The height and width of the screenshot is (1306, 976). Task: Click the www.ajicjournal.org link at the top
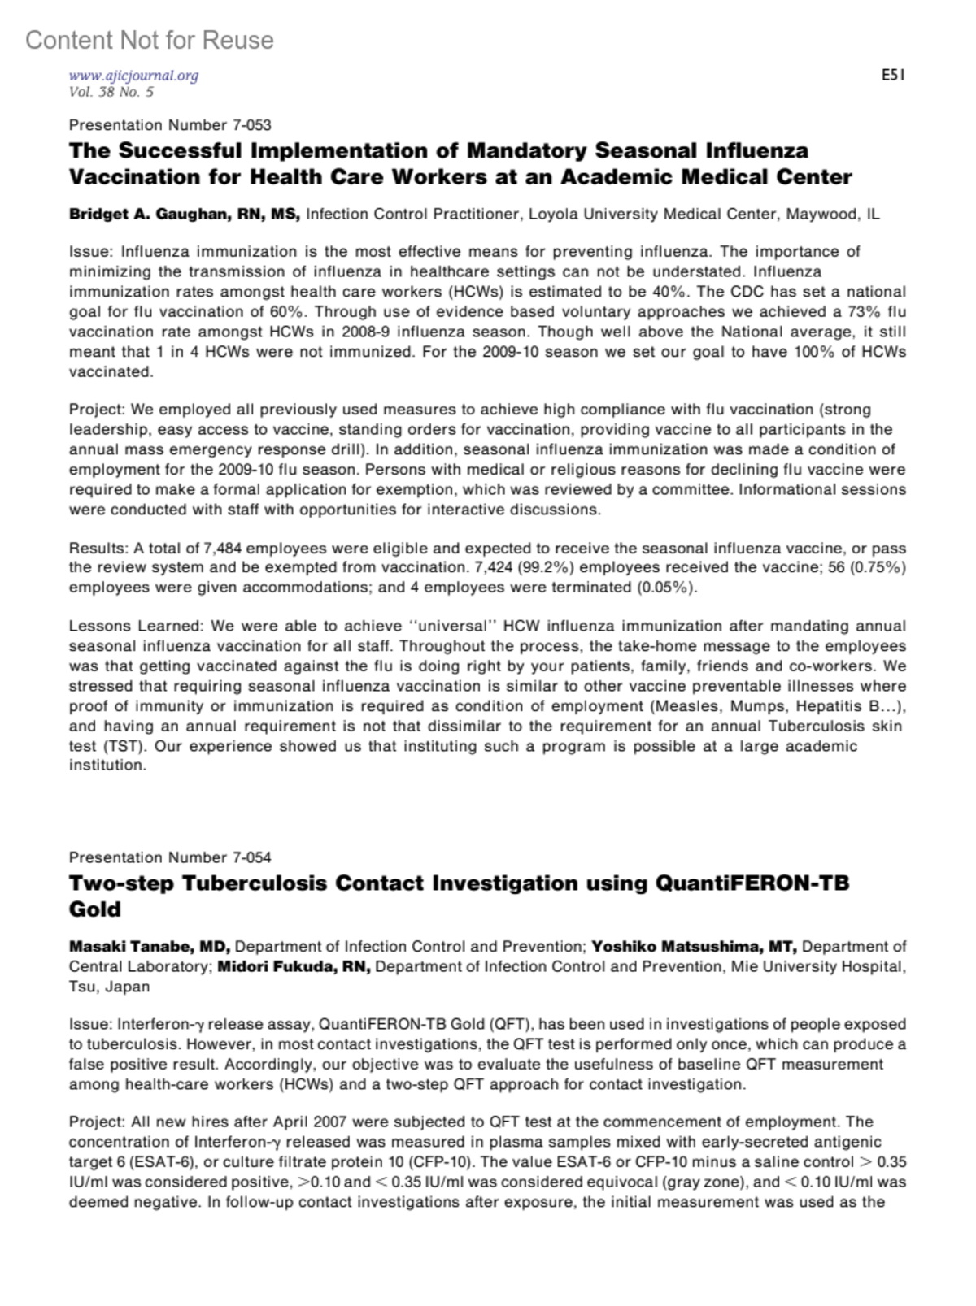tap(134, 76)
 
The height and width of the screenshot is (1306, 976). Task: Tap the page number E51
tap(893, 76)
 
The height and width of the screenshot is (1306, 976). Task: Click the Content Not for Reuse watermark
tap(150, 40)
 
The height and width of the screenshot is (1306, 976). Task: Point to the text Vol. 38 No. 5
tap(111, 92)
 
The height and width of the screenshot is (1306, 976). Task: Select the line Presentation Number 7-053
tap(170, 125)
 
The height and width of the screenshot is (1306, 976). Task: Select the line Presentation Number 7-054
tap(170, 857)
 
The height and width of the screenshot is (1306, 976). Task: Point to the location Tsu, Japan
tap(110, 987)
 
